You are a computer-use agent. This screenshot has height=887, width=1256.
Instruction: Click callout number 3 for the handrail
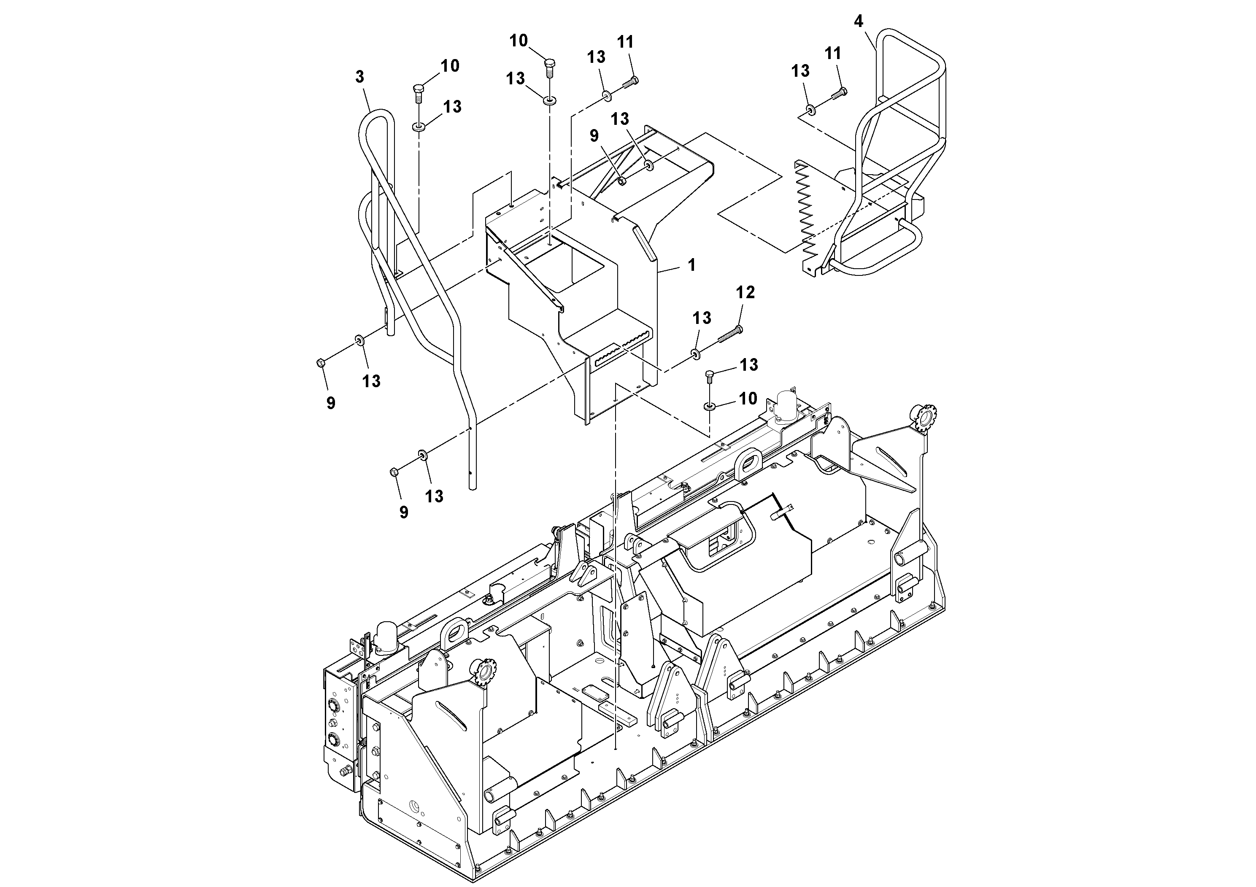tap(359, 77)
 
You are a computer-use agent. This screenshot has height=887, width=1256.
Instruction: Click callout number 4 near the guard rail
tap(858, 22)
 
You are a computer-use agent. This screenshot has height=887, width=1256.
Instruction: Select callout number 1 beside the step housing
tap(691, 265)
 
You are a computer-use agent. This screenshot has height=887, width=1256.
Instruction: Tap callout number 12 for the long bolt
tap(745, 293)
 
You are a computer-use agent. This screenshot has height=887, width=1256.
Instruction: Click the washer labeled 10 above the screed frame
tap(710, 406)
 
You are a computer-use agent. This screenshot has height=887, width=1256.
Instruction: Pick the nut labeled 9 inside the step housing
tap(621, 181)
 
